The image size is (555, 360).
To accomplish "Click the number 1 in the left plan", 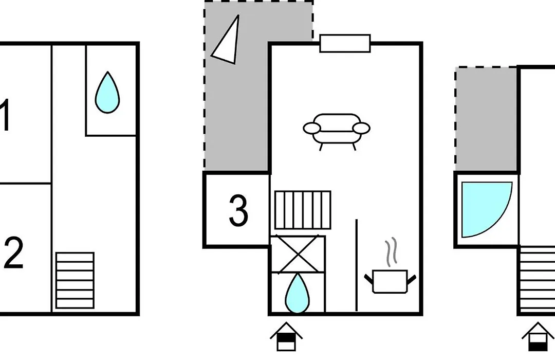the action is pyautogui.click(x=5, y=115).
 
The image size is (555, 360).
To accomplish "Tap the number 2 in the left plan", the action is pyautogui.click(x=13, y=253).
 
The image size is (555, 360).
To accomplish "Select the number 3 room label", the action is pyautogui.click(x=238, y=210).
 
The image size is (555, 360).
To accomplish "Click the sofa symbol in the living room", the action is pyautogui.click(x=337, y=132).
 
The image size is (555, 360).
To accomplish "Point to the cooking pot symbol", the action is pyautogui.click(x=390, y=282).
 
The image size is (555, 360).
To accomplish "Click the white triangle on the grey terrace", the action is pyautogui.click(x=227, y=40).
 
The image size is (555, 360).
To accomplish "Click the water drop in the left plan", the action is pyautogui.click(x=107, y=93).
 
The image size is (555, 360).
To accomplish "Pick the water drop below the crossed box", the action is pyautogui.click(x=298, y=294).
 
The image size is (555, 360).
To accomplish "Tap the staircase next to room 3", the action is pyautogui.click(x=303, y=210).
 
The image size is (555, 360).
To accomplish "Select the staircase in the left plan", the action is pyautogui.click(x=75, y=280).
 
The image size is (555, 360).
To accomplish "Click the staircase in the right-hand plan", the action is pyautogui.click(x=537, y=279).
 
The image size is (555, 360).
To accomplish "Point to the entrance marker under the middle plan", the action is pyautogui.click(x=286, y=337).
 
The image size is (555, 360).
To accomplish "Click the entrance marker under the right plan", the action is pyautogui.click(x=538, y=337).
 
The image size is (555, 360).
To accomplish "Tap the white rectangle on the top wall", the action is pyautogui.click(x=345, y=44).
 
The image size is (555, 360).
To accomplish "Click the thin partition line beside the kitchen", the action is pyautogui.click(x=357, y=265).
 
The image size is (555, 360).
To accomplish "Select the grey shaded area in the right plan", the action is pyautogui.click(x=486, y=119).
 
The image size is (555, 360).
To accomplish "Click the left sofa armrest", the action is pyautogui.click(x=312, y=128).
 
